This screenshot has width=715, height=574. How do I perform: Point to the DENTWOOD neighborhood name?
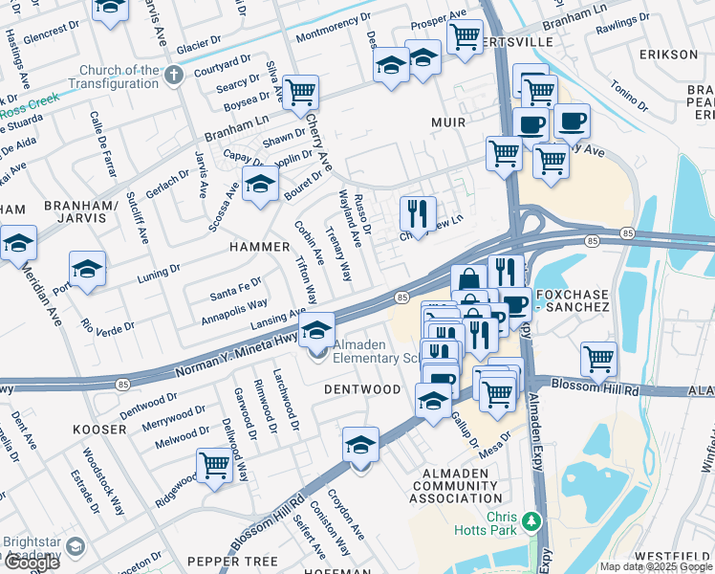(362, 389)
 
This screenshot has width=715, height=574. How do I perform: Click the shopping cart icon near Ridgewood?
(215, 466)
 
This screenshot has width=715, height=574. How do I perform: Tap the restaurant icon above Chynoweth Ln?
(417, 212)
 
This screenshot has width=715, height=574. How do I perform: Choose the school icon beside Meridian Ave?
(17, 244)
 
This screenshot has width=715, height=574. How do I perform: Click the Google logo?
(32, 563)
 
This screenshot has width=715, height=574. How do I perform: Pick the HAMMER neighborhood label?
(258, 247)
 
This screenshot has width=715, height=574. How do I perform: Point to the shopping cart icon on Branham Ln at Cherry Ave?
(300, 93)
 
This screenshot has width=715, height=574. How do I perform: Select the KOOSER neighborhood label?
(99, 430)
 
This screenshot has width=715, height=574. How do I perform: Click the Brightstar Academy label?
(32, 546)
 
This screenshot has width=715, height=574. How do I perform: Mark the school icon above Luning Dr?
(87, 269)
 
